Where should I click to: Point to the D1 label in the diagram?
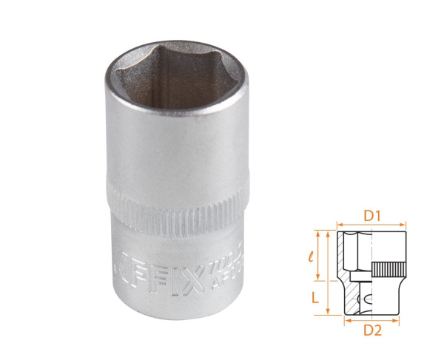click(x=372, y=216)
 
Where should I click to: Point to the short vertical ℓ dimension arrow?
click(x=323, y=256)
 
